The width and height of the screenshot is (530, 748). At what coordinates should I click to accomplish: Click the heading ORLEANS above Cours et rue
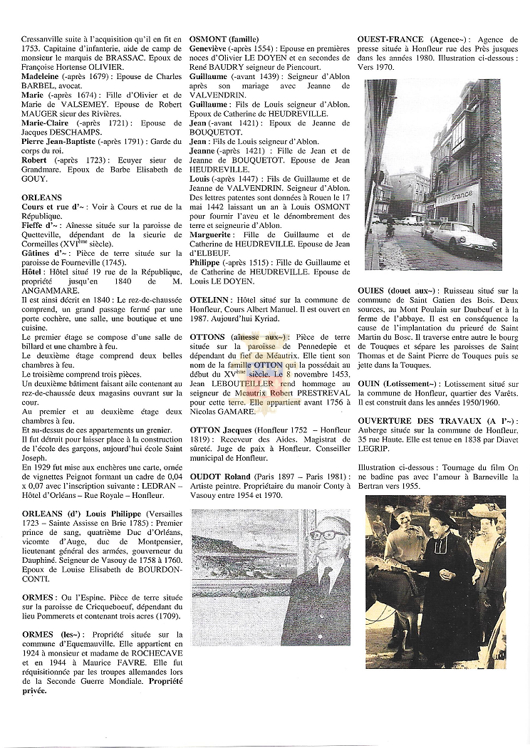coord(42,197)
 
